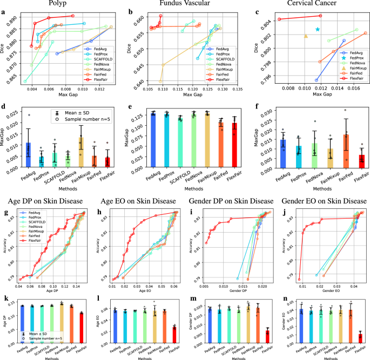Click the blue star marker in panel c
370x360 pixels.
[x=318, y=29]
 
